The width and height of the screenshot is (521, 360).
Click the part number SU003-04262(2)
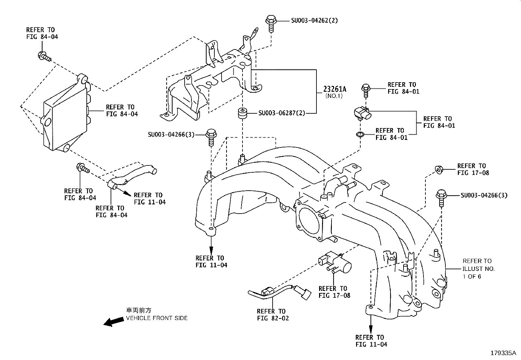coord(314,21)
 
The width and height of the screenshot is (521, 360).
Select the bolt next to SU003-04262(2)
coord(271,24)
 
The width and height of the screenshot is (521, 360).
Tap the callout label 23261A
coord(335,89)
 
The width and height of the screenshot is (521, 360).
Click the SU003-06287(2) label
coord(282,113)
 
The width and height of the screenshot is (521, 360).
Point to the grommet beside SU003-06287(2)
coord(243,113)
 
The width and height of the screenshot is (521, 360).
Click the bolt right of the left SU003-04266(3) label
coord(211,137)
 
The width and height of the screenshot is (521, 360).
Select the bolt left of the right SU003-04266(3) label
coord(441,198)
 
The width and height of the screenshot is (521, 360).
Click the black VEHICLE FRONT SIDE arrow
coord(114,322)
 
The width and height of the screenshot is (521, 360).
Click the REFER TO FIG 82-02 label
coord(273,314)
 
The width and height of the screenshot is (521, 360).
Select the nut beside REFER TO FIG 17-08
coord(439,170)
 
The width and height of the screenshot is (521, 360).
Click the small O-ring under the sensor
coord(360,134)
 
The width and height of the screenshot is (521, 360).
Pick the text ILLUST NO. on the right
coord(479,269)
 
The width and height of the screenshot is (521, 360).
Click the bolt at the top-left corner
coord(44,56)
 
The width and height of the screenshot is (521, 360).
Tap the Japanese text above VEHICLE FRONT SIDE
coord(139,311)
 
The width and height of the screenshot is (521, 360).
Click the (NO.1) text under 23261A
coord(334,96)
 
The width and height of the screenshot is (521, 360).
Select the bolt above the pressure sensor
coord(366,91)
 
